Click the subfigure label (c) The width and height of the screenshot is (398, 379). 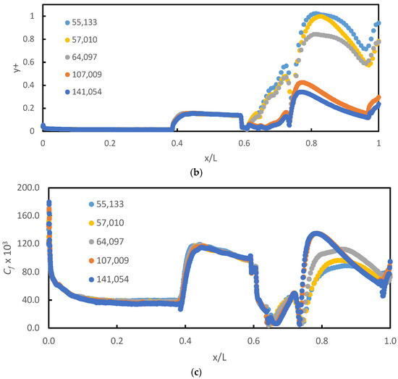pyautogui.click(x=199, y=371)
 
